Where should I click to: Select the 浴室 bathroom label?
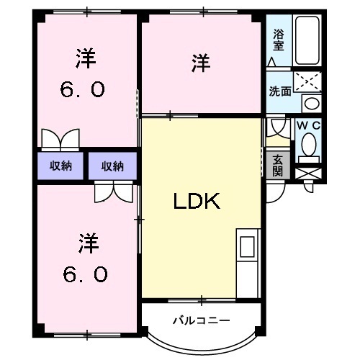coord(279,39)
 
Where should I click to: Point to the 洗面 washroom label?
coord(280,91)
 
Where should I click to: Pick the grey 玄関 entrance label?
coord(278,166)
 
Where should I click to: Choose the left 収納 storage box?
coord(60,166)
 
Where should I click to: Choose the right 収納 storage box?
coord(112,166)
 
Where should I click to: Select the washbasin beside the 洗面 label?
coord(310,103)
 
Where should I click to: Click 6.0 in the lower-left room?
coord(85,274)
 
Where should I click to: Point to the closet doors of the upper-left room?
coord(60,138)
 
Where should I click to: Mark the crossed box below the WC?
coord(309,174)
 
